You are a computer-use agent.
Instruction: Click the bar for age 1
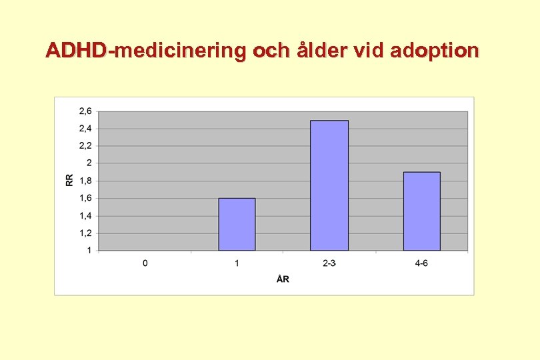click(x=237, y=224)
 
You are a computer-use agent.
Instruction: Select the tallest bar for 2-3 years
click(x=329, y=185)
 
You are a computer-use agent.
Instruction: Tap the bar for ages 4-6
click(x=421, y=211)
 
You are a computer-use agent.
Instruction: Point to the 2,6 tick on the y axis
click(x=86, y=111)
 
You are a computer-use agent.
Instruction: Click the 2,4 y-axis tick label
click(x=86, y=128)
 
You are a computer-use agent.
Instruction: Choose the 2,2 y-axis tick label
click(x=86, y=145)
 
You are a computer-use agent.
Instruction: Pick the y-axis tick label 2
click(x=89, y=163)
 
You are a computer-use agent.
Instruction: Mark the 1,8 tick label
click(x=86, y=181)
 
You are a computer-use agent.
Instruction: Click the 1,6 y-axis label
click(x=86, y=198)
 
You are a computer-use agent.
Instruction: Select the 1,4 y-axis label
click(x=86, y=215)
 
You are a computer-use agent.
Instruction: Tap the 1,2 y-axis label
click(x=86, y=233)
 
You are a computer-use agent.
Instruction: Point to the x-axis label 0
click(x=145, y=263)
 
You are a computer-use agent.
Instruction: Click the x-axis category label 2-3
click(x=329, y=263)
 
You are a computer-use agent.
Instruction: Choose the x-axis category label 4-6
click(x=421, y=263)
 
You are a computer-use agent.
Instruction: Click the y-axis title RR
click(x=70, y=180)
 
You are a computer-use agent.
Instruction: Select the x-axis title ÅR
click(x=283, y=279)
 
